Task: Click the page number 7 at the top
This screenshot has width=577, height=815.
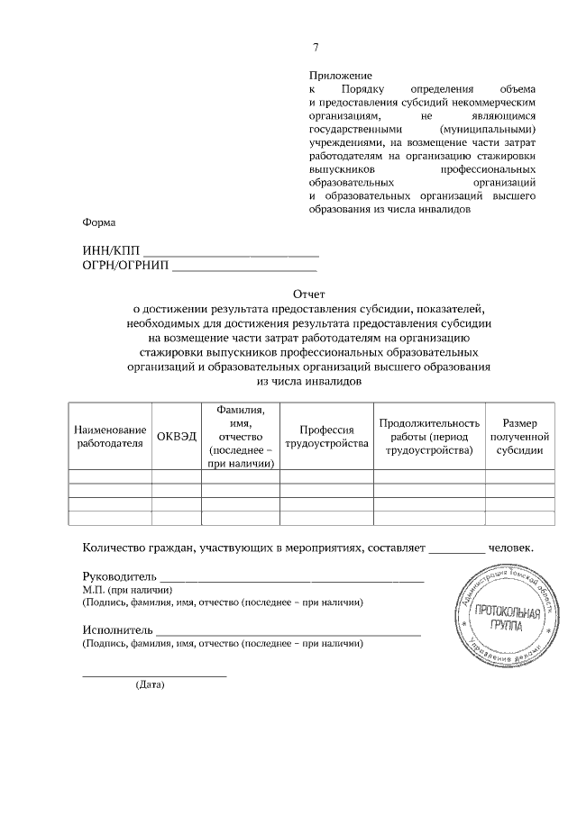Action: pos(316,48)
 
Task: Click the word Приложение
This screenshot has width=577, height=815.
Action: pos(341,77)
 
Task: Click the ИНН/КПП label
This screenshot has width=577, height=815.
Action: pos(111,251)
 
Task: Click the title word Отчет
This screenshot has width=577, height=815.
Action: pos(308,294)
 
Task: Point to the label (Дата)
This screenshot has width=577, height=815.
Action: pos(150,684)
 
